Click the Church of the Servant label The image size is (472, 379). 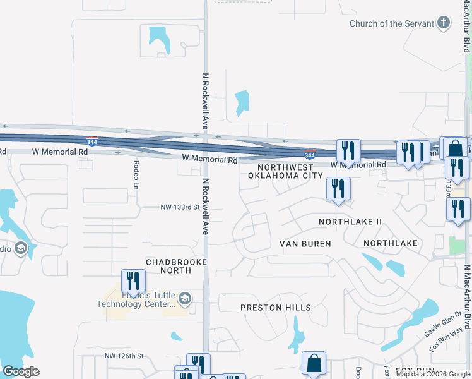pos(392,24)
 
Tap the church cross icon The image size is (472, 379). pos(444,24)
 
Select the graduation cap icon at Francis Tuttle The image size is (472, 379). pos(184,298)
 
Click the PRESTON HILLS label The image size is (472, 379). pos(276,308)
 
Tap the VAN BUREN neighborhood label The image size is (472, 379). pos(305,243)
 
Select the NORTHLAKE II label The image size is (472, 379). pos(350,222)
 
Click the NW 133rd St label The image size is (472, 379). pos(180,207)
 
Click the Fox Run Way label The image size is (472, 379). pos(443,344)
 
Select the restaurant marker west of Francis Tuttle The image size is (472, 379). pos(133,281)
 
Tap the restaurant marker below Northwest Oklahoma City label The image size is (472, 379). pos(338,189)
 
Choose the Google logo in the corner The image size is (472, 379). pos(21,371)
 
